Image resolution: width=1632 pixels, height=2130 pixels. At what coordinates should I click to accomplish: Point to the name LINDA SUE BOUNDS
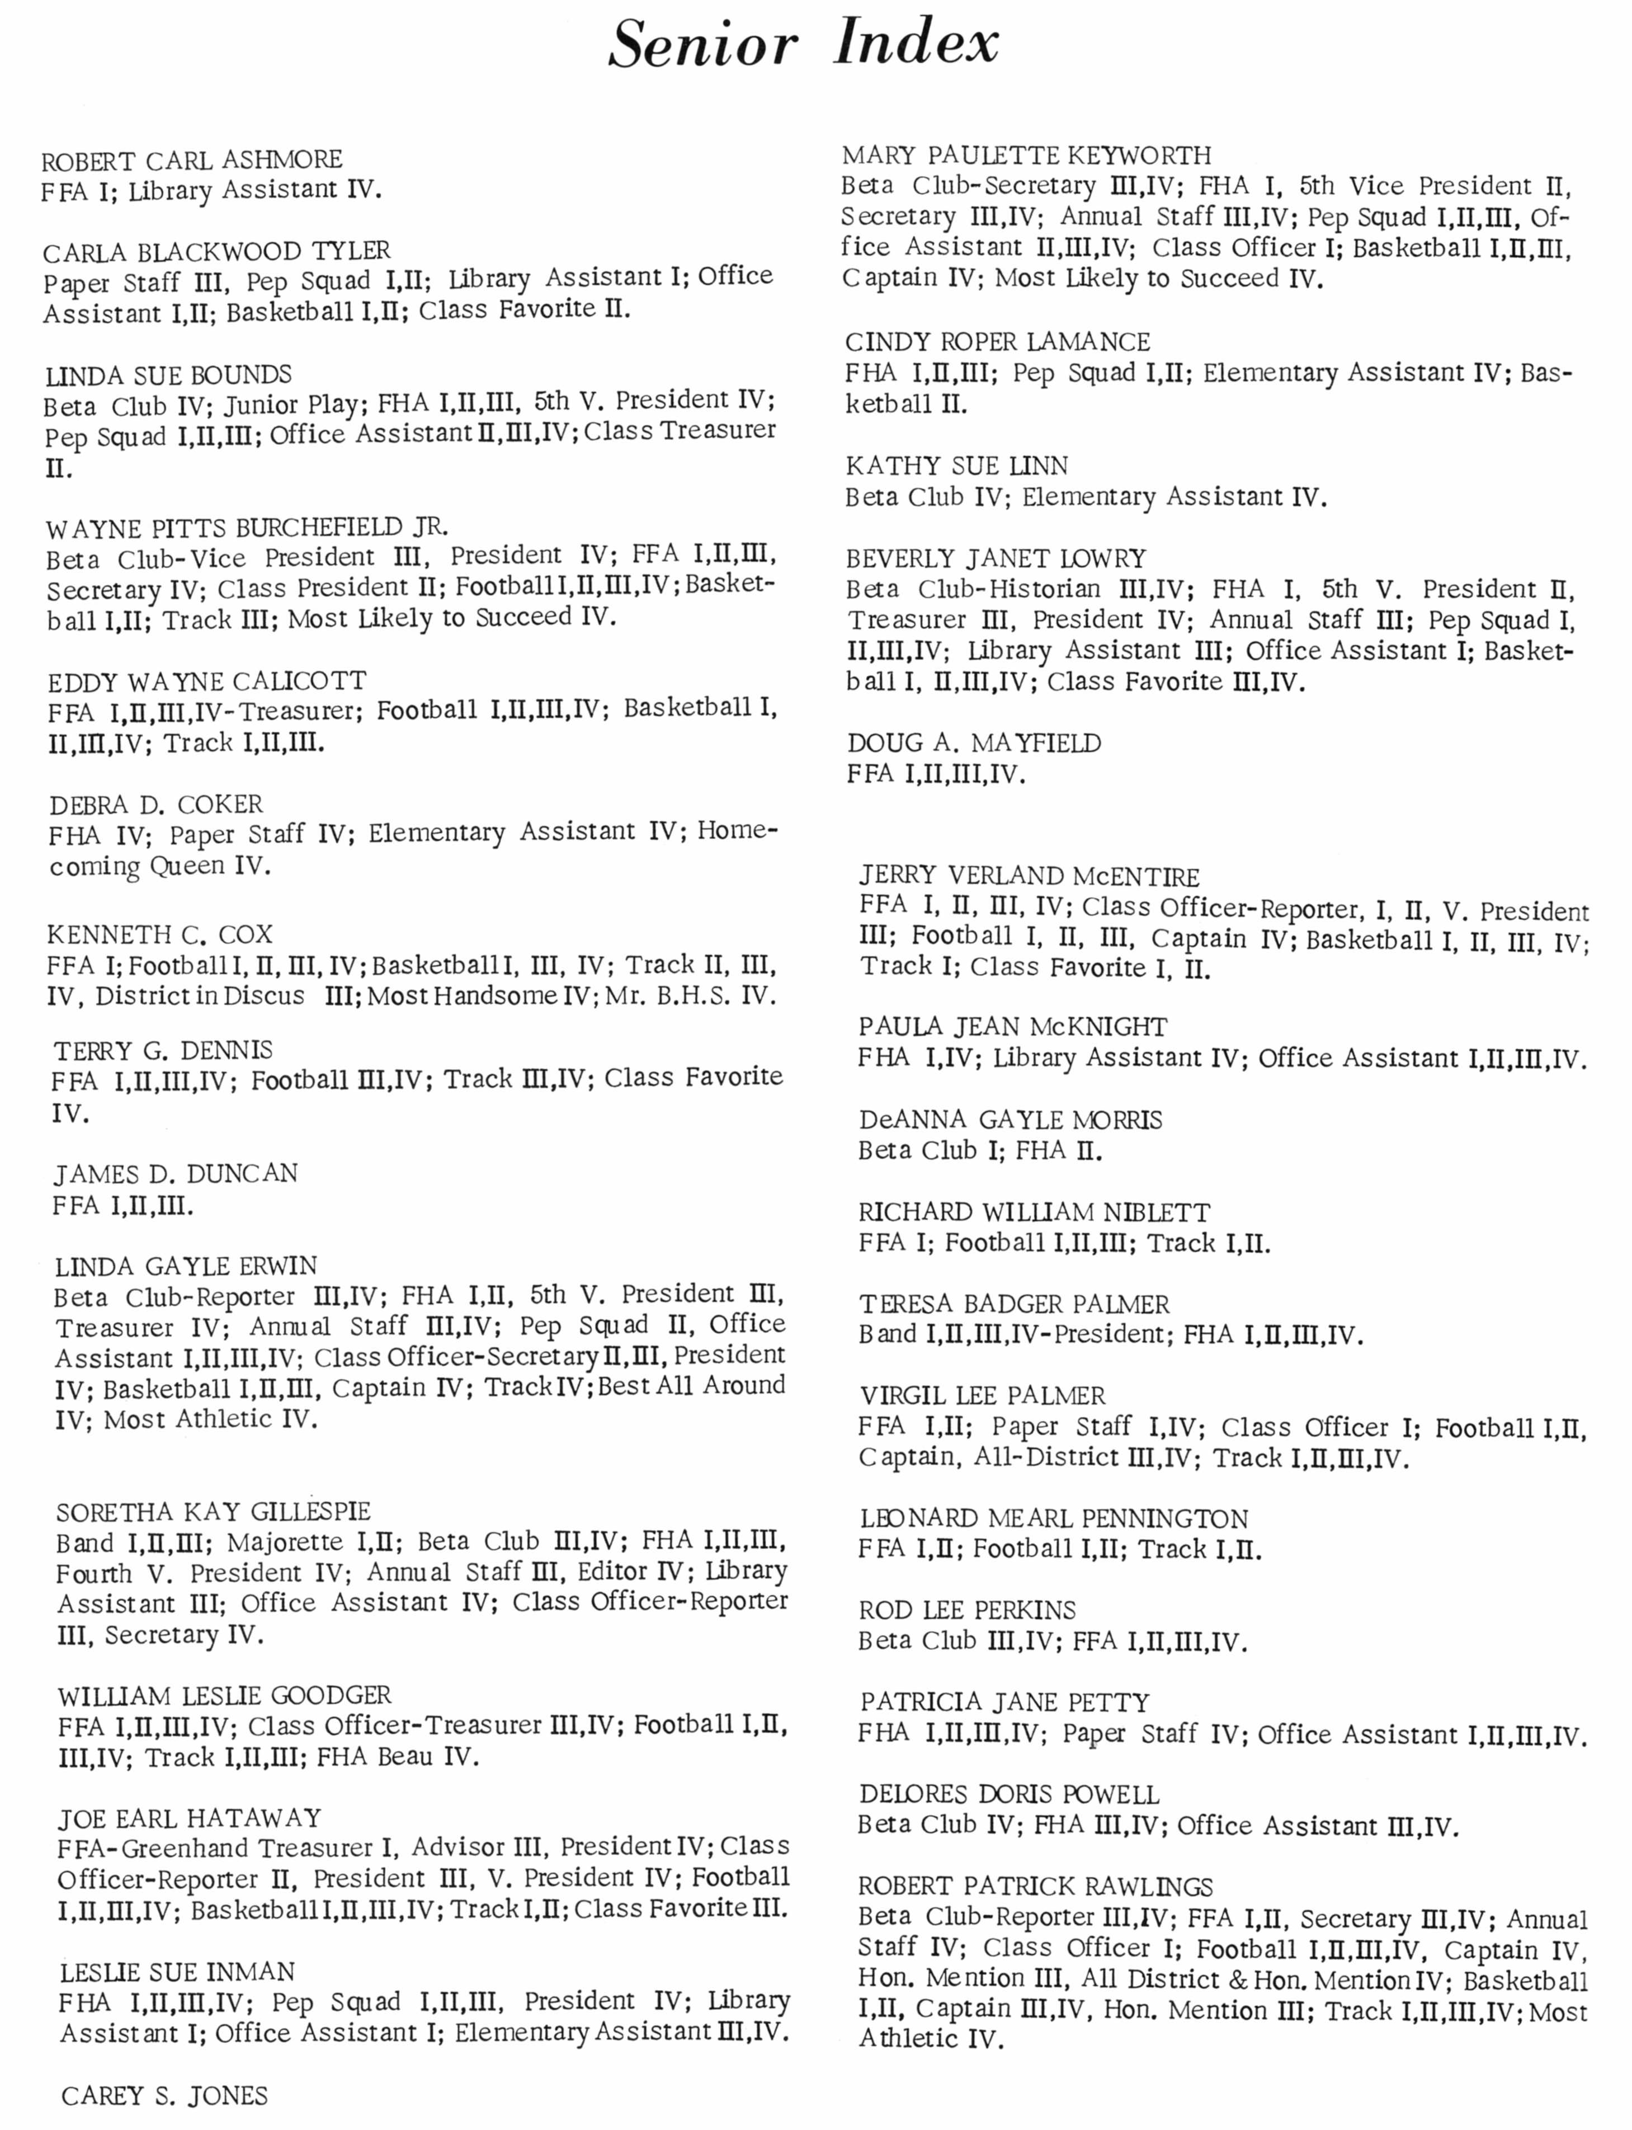click(x=168, y=375)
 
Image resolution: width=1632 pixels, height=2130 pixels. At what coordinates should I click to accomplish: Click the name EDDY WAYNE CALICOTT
click(x=207, y=681)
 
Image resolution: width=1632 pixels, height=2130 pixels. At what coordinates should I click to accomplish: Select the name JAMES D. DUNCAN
click(x=175, y=1174)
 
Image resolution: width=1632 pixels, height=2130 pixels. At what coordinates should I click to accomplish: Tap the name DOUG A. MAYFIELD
click(x=973, y=744)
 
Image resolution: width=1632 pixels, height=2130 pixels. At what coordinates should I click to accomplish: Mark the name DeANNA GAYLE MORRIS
click(x=1010, y=1120)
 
